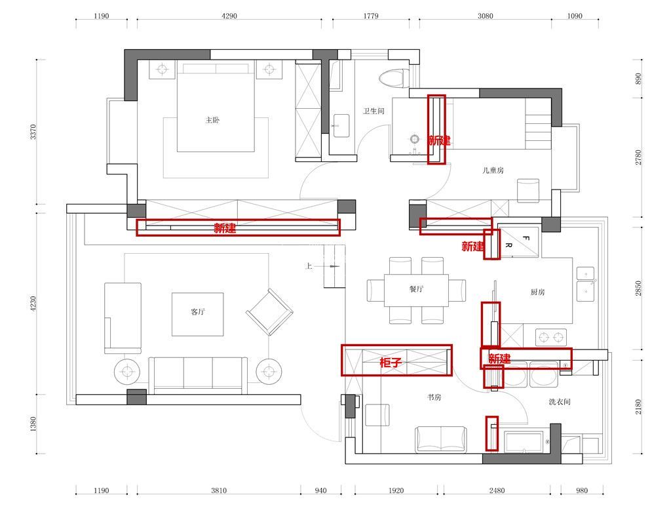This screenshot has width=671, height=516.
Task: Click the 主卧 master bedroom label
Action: pos(212,120)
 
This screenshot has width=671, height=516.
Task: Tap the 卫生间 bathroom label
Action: pos(374,111)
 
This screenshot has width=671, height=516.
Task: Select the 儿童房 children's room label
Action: pos(493,170)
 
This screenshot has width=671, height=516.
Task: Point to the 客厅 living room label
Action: pos(198,311)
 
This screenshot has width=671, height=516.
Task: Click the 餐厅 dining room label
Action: pos(416,289)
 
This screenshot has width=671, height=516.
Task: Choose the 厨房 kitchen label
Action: pos(537,292)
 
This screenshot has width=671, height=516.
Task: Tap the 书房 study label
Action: pos(434,397)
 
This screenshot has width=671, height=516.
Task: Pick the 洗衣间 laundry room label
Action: pos(560,402)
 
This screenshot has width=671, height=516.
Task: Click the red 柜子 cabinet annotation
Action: pos(391,363)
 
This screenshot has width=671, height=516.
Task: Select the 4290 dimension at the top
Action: pos(229,16)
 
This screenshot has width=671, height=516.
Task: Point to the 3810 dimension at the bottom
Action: pos(219,490)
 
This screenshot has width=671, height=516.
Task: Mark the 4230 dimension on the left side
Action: pos(33,304)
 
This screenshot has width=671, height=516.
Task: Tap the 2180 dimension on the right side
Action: pos(638,407)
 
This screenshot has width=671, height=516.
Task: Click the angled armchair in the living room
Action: pos(269,311)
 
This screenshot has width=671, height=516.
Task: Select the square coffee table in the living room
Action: pos(198,314)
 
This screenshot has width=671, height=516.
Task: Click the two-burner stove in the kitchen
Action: pos(551,338)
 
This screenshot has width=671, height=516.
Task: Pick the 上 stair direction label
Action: pos(309,266)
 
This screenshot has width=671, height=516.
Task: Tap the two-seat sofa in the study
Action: pos(441,439)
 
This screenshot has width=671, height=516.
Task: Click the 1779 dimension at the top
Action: pos(371,16)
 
